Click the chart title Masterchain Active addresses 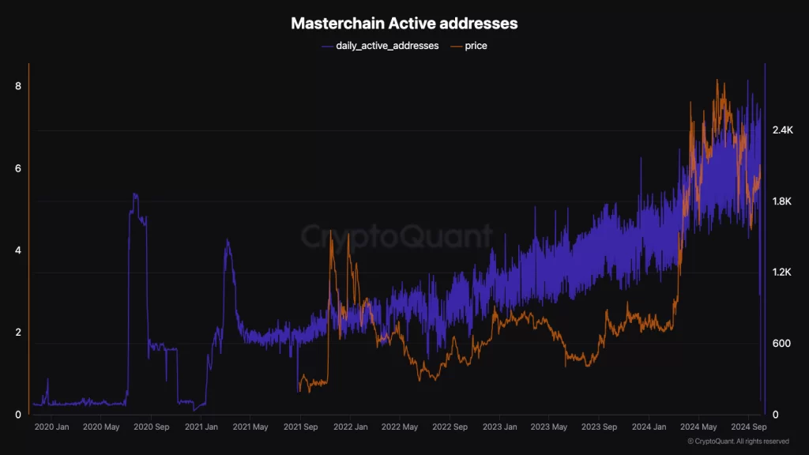(x=404, y=24)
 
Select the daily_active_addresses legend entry (x=380, y=46)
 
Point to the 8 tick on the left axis (x=18, y=86)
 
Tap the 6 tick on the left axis (x=18, y=168)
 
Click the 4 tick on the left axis (x=18, y=250)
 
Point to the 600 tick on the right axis (x=781, y=344)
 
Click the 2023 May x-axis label (x=550, y=427)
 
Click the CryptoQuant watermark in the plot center (x=397, y=235)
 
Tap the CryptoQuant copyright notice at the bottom (x=738, y=442)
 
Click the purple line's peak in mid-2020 (x=135, y=194)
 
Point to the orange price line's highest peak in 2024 (x=717, y=81)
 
